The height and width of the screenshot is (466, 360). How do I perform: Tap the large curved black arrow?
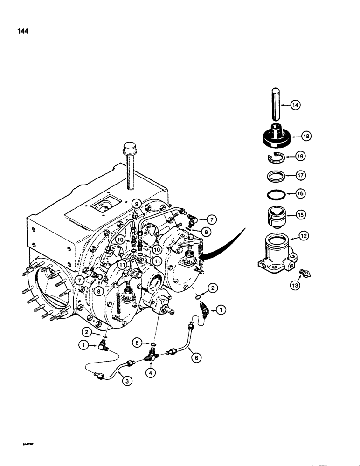pyautogui.click(x=224, y=247)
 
